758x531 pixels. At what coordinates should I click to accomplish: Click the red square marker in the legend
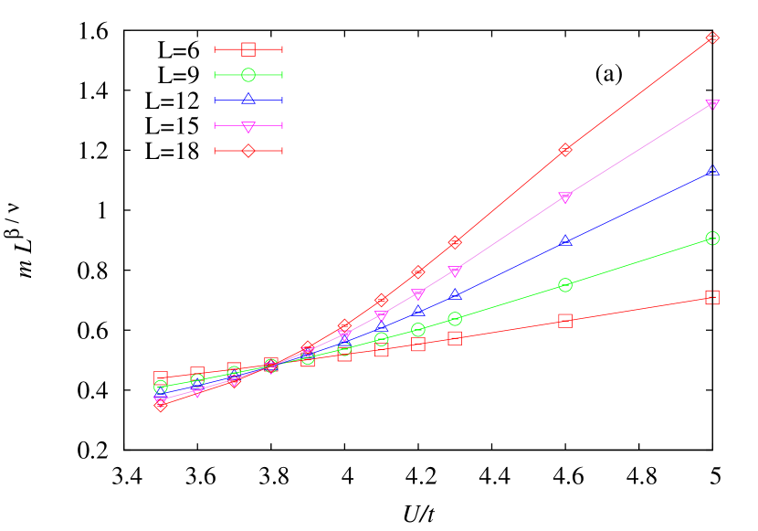coord(248,49)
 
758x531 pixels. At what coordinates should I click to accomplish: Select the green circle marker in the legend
coord(248,75)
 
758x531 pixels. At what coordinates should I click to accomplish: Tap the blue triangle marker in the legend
coord(248,99)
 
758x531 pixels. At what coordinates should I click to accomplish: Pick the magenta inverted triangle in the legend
coord(248,126)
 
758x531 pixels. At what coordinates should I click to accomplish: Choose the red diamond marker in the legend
coord(248,151)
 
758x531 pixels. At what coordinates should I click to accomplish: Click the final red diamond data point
coord(712,38)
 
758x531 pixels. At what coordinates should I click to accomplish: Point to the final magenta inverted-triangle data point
coord(712,105)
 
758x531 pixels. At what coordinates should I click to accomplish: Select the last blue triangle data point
coord(712,171)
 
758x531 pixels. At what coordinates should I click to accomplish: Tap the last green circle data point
coord(712,239)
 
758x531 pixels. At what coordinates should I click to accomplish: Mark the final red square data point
coord(712,297)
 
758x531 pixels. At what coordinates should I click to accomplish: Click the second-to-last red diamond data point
coord(565,150)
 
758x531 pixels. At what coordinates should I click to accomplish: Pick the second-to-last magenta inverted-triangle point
coord(565,197)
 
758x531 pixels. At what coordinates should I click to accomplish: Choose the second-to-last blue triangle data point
coord(565,241)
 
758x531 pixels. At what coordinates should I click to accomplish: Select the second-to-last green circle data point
coord(565,285)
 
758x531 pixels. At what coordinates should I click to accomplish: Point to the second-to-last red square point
coord(565,321)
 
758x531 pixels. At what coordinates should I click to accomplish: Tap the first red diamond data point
coord(161,405)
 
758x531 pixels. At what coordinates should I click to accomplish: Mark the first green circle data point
coord(161,387)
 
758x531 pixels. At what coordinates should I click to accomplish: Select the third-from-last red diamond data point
coord(455,243)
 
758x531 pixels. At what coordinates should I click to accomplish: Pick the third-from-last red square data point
coord(455,338)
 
